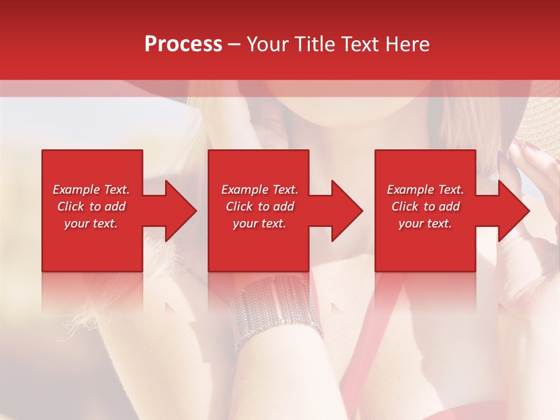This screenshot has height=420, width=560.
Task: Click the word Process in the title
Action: tap(183, 44)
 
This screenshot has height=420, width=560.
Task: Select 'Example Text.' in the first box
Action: tap(91, 190)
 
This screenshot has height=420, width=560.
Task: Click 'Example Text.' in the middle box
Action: tap(260, 190)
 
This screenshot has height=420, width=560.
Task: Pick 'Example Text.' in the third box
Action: tap(425, 190)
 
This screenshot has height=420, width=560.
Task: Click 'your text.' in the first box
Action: tap(91, 223)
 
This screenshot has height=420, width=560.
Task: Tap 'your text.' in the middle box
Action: tap(260, 223)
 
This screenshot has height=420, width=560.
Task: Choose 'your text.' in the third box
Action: tap(425, 223)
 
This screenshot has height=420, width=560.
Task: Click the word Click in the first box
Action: tap(71, 206)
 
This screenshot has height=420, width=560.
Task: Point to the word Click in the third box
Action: tap(405, 206)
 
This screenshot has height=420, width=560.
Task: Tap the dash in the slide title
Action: tap(235, 44)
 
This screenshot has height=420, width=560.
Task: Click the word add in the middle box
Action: tap(283, 206)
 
